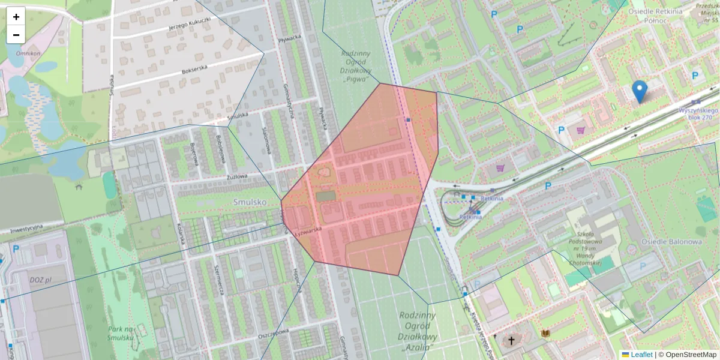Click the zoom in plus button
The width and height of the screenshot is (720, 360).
(x=16, y=17)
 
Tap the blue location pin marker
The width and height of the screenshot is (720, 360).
(x=640, y=92)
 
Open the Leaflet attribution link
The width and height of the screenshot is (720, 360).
(x=641, y=355)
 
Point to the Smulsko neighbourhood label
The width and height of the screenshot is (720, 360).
(x=250, y=203)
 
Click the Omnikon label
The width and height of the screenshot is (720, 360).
(x=28, y=53)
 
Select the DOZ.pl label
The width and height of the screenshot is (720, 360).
(x=41, y=280)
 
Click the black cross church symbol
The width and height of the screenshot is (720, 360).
(x=511, y=341)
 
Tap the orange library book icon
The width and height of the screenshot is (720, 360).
(x=545, y=334)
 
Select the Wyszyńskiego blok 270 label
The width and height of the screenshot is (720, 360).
(x=698, y=114)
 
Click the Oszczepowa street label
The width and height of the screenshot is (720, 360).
(x=274, y=333)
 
